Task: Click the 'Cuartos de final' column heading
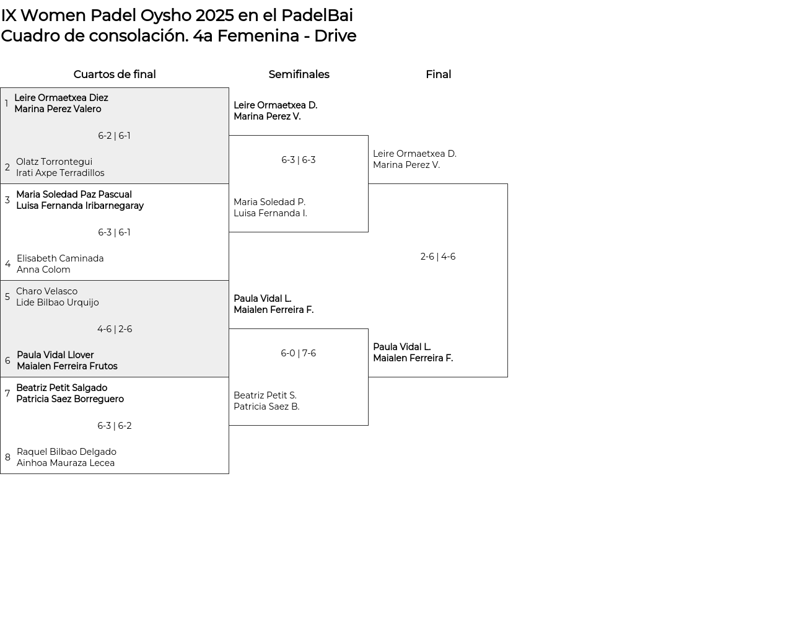115,74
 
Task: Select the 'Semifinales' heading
299,74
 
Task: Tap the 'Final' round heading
438,74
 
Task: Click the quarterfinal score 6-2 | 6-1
114,136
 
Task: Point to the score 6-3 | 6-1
114,232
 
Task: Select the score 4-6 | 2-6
115,329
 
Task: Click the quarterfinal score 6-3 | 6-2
115,426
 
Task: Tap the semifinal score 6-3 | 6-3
299,160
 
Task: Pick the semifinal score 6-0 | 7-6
299,353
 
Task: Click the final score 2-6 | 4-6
438,256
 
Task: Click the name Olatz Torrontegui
54,162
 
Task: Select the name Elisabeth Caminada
60,258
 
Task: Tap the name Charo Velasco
47,291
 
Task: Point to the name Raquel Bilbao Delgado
66,452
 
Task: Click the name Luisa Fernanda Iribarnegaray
80,206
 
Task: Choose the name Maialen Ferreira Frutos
67,366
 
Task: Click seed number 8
7,457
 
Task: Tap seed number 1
7,103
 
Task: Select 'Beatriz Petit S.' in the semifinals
265,395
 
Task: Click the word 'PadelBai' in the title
317,15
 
